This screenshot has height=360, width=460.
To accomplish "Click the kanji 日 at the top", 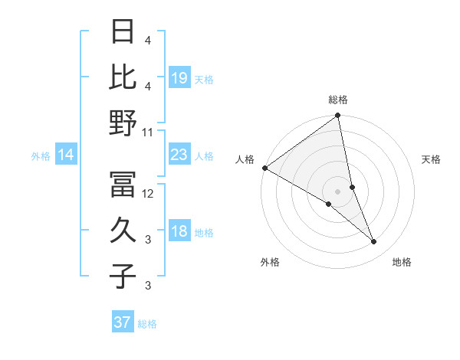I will point(123,31).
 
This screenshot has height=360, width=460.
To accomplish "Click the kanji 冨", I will point(123,183).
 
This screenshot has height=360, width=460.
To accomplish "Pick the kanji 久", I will point(123,230).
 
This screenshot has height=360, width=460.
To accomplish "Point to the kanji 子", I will point(123,276).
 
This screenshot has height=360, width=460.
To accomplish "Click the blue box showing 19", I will point(179,78).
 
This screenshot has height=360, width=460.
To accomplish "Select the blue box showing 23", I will point(179,155).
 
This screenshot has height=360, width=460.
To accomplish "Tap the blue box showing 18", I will point(179,232).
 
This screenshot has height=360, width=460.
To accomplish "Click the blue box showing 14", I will point(66,155).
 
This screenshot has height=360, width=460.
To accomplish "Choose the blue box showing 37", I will point(123,322).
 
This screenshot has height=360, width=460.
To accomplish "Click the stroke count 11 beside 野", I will point(148,132).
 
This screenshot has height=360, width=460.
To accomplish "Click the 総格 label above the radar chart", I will point(338,100).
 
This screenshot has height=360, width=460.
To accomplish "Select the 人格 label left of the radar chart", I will point(245,159).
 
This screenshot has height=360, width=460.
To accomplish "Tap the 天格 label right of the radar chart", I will point(432,159).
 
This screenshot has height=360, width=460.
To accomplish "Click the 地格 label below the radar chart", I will point(402,262).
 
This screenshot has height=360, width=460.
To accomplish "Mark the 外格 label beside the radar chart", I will point(270,262).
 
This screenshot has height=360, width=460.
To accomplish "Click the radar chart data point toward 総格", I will point(337,116).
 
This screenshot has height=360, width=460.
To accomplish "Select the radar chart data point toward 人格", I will point(264,168).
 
